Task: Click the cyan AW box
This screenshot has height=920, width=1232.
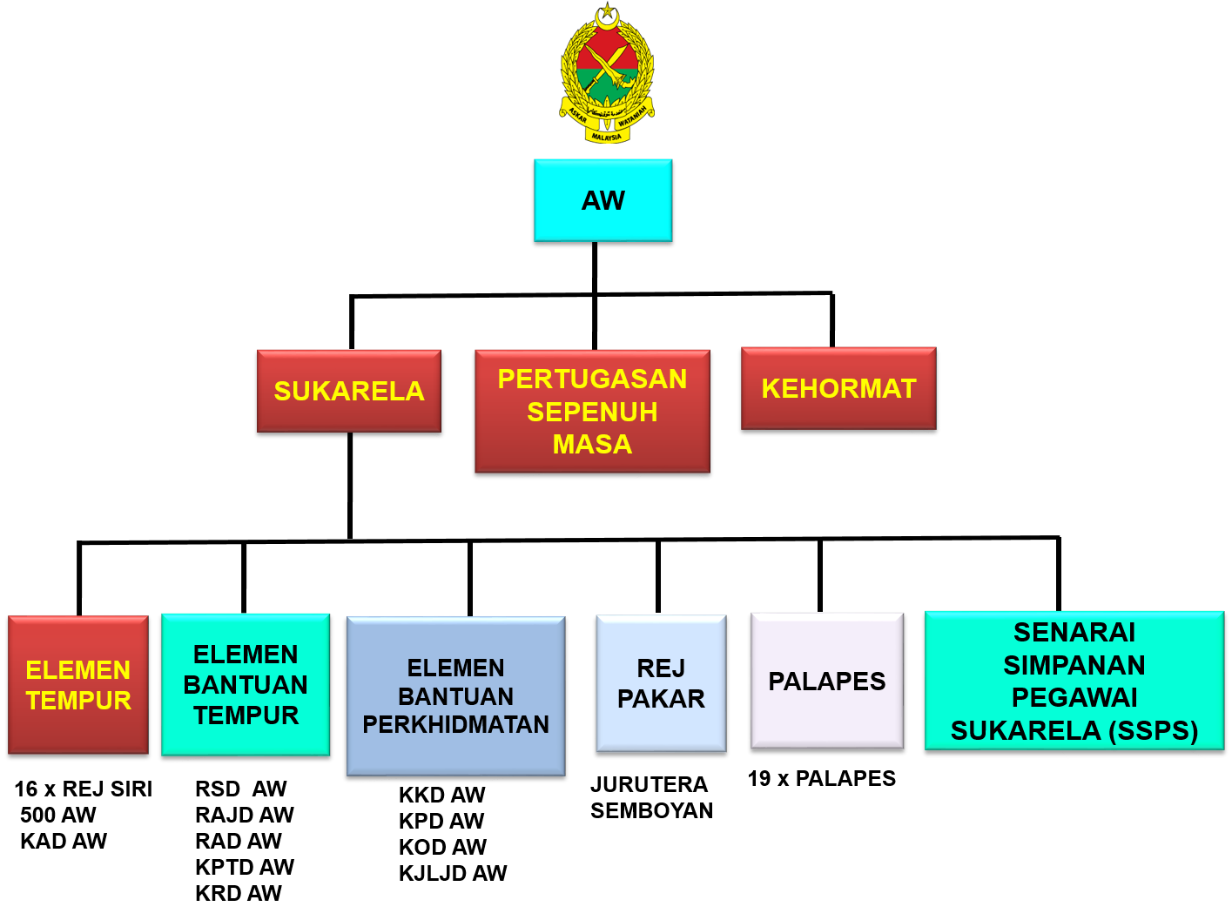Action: click(603, 200)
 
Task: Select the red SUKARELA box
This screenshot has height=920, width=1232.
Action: click(348, 391)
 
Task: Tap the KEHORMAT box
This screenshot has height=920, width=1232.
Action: click(838, 388)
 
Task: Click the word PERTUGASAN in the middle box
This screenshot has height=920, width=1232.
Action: click(592, 379)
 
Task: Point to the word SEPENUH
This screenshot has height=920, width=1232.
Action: click(592, 412)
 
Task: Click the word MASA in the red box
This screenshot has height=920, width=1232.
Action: click(592, 444)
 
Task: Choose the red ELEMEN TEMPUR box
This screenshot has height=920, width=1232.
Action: click(78, 685)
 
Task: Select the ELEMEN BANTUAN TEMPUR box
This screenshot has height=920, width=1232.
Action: click(246, 684)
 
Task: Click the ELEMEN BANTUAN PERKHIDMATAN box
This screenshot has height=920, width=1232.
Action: click(455, 695)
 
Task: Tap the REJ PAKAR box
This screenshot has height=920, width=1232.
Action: click(661, 683)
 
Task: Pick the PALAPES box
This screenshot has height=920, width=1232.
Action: click(827, 681)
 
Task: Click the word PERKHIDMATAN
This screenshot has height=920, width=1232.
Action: click(455, 724)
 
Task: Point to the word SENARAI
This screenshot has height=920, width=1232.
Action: click(1074, 632)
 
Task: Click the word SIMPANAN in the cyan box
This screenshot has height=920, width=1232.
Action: click(1074, 665)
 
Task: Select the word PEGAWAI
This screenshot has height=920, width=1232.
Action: click(1074, 697)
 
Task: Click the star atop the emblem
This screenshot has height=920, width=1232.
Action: click(607, 10)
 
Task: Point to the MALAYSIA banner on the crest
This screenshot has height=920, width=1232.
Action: click(607, 137)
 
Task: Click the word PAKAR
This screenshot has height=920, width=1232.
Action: click(661, 699)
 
